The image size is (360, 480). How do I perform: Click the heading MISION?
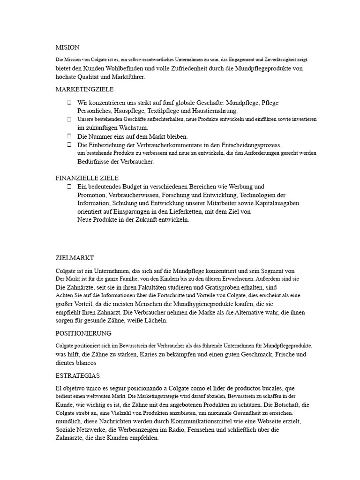coord(67,47)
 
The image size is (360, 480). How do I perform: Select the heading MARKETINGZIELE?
coord(84,89)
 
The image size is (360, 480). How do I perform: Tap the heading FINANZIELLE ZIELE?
coord(87,178)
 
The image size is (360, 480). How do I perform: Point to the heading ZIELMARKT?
coord(75,258)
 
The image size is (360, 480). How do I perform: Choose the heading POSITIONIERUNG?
coord(83,333)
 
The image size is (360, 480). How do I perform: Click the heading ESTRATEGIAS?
coord(77,376)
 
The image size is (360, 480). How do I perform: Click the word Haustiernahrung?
coord(213,111)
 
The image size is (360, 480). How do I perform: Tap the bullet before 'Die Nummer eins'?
coord(69,136)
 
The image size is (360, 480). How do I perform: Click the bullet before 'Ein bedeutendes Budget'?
coord(69,186)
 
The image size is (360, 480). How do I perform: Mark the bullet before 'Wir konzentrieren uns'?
coord(69,102)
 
